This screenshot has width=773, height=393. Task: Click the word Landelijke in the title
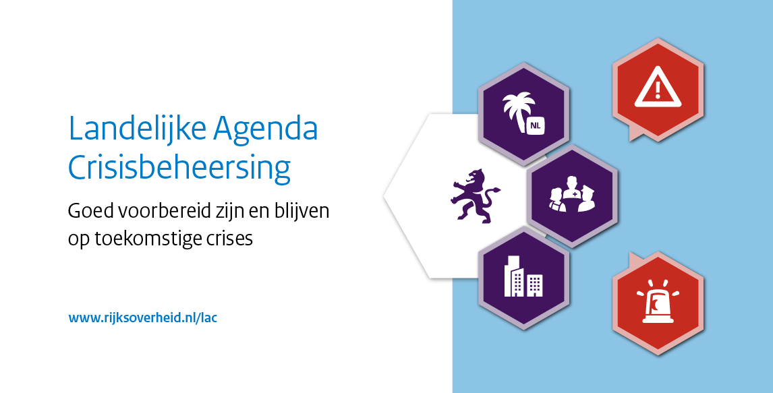click(x=136, y=129)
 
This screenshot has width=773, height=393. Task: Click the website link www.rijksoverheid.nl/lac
click(x=142, y=318)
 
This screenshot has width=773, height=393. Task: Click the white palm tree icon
click(x=517, y=109)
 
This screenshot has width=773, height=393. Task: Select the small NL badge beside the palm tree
click(x=536, y=126)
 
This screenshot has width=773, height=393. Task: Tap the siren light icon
click(x=658, y=301)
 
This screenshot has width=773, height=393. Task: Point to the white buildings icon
click(x=523, y=276)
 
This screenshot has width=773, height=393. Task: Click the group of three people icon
click(x=573, y=194)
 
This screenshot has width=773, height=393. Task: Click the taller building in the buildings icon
click(x=514, y=276)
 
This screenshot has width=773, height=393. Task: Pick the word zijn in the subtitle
click(x=217, y=213)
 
